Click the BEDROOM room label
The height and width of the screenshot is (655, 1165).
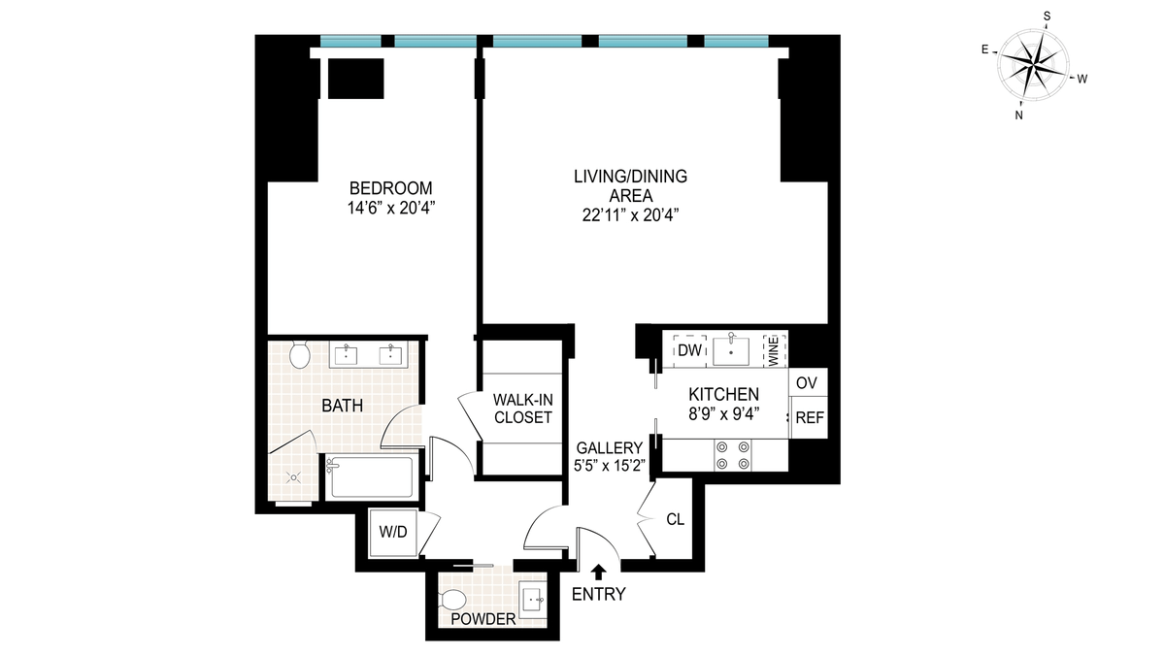(390, 187)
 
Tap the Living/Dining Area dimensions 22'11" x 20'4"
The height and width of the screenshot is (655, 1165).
(630, 215)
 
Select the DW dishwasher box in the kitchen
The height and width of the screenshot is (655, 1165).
(690, 351)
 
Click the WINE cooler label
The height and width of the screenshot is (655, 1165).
(774, 352)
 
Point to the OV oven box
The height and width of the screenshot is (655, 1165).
(808, 382)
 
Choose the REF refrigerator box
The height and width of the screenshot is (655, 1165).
(810, 417)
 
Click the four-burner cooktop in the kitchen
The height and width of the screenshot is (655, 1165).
(733, 455)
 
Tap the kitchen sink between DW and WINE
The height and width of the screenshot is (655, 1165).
(731, 351)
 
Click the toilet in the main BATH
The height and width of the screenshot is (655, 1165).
(300, 355)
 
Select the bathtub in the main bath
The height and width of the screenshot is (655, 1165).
(370, 477)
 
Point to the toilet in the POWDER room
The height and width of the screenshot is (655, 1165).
(453, 601)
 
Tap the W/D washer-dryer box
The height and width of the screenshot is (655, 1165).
(392, 533)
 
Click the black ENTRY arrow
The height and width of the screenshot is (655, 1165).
(599, 572)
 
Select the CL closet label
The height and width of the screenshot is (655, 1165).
(675, 519)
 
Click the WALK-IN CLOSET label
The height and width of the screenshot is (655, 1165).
(522, 409)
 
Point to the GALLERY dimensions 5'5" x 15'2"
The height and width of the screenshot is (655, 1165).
(609, 465)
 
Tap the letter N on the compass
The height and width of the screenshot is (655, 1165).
(1018, 115)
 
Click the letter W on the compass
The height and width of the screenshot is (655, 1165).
(1082, 79)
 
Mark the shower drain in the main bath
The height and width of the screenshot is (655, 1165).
(294, 477)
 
